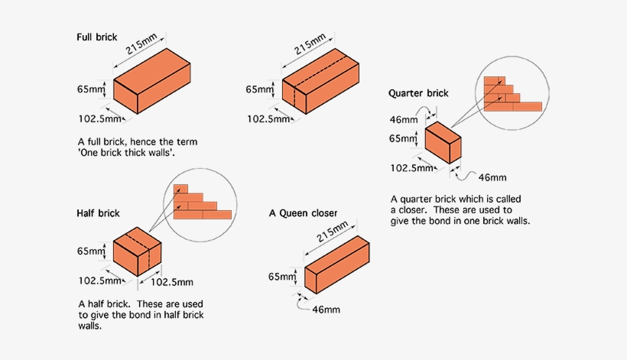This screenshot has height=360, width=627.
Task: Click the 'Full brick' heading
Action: pyautogui.click(x=97, y=37)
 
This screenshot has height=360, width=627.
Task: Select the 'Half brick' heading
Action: pyautogui.click(x=98, y=212)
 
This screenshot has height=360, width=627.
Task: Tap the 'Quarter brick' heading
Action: pyautogui.click(x=418, y=93)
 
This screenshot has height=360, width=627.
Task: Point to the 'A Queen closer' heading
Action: pyautogui.click(x=303, y=212)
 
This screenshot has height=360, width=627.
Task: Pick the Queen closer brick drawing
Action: pyautogui.click(x=338, y=266)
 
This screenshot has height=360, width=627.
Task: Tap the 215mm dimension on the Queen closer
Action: pyautogui.click(x=333, y=232)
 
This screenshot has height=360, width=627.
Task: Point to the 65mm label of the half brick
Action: pyautogui.click(x=90, y=251)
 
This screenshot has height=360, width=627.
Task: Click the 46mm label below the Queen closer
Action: pyautogui.click(x=326, y=310)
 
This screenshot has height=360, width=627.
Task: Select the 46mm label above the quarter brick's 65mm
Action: pyautogui.click(x=404, y=120)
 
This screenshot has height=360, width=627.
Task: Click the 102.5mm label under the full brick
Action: pyautogui.click(x=99, y=118)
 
